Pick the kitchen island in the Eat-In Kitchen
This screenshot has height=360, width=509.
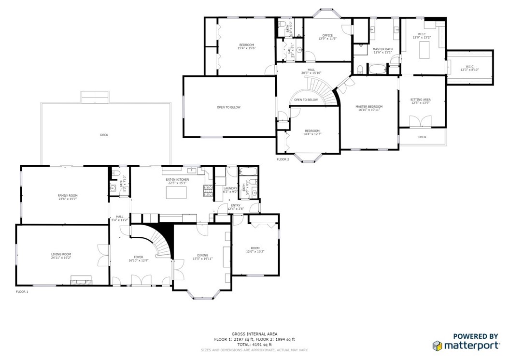click(x=175, y=193)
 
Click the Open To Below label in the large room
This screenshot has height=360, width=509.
click(x=228, y=107)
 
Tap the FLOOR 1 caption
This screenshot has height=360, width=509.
click(x=22, y=292)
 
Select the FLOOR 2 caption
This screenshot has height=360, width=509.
click(x=283, y=159)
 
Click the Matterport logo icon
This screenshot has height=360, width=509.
click(x=437, y=346)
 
